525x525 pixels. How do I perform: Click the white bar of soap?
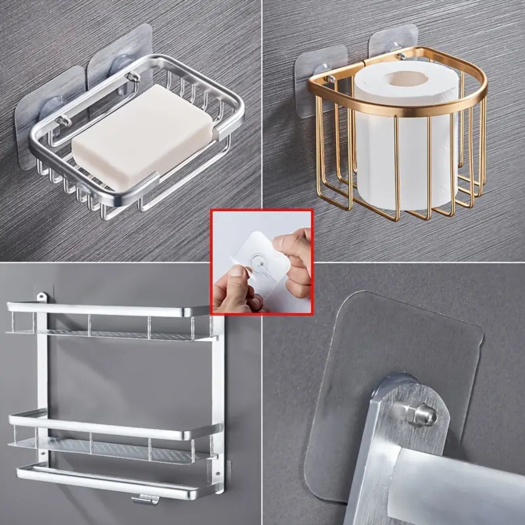[x=141, y=139]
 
